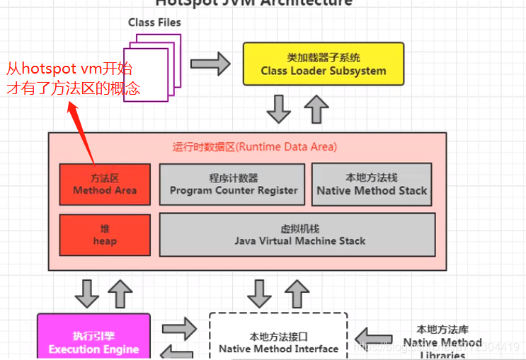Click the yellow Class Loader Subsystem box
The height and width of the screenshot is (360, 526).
coord(323,64)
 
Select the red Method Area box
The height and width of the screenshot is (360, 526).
coord(105,184)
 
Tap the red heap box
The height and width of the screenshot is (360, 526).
coord(105,235)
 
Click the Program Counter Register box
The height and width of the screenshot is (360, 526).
coord(233,184)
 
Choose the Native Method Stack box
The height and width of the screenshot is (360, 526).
coord(372,184)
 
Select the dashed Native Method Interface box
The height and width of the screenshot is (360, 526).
coord(278,338)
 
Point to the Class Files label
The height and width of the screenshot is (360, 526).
coord(154,23)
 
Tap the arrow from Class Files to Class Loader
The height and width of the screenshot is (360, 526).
coord(211,64)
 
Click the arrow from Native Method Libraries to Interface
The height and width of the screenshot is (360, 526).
coord(375,337)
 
